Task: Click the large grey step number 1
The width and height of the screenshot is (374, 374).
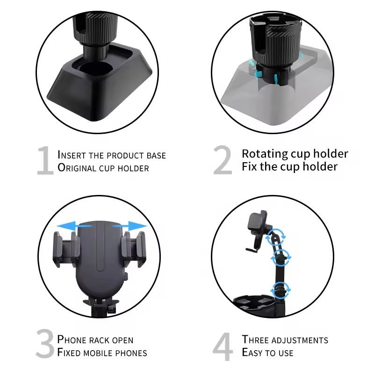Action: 45,161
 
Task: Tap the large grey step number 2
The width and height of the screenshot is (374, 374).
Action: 223,160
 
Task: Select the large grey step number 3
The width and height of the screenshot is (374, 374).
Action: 45,344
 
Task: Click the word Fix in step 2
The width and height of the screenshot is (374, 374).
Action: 250,166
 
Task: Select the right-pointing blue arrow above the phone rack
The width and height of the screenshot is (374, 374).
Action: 130,226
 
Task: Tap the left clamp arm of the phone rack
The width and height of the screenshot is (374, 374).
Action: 66,249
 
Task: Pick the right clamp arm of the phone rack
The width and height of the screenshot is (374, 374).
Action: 133,249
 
